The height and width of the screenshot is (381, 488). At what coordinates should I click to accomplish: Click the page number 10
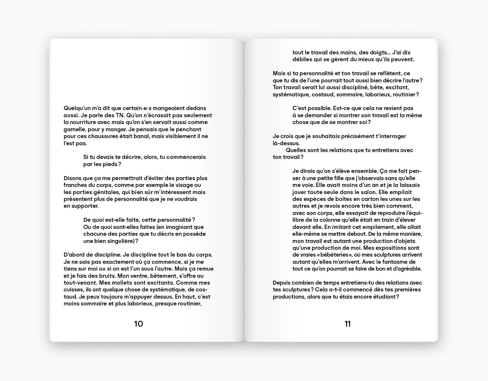(x=138, y=324)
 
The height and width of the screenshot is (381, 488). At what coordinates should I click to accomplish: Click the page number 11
(x=348, y=324)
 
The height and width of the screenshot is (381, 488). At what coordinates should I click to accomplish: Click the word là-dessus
(x=286, y=143)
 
